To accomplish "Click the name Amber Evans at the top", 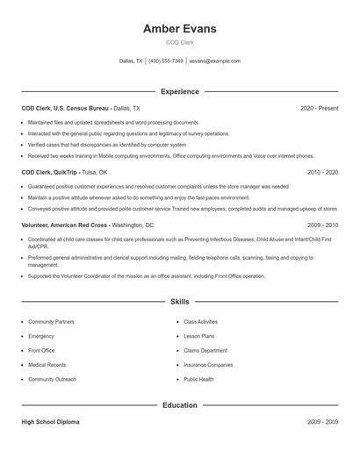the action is click(179, 29).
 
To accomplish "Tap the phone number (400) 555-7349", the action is click(165, 61).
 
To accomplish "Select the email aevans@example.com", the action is click(214, 61).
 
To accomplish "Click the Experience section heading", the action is click(179, 91).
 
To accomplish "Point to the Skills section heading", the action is click(179, 301).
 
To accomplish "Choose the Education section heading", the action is click(179, 405).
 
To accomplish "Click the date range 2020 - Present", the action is click(319, 108).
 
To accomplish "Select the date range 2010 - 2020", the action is click(322, 173).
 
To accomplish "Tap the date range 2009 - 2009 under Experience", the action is click(322, 225).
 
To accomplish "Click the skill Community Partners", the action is click(52, 322).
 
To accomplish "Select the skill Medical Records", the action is click(47, 365).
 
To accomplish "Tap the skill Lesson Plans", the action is click(198, 336).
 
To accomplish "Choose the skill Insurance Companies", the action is click(208, 365).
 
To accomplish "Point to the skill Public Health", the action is click(198, 379).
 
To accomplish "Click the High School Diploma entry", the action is click(50, 422).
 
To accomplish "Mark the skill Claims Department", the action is click(205, 350).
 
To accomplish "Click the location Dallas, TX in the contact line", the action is click(131, 61).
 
